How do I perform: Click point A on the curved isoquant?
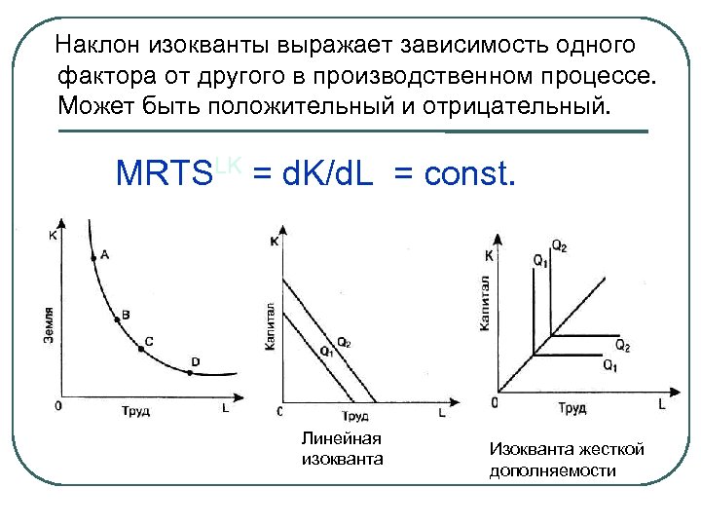click(93, 257)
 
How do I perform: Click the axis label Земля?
click(48, 322)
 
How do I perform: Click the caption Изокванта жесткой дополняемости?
click(567, 460)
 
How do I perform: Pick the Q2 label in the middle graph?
click(344, 340)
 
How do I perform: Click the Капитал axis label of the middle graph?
click(270, 326)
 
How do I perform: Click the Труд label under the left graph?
click(135, 408)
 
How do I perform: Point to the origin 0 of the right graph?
click(495, 401)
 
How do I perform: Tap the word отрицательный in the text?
click(526, 103)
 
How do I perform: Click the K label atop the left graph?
click(52, 235)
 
